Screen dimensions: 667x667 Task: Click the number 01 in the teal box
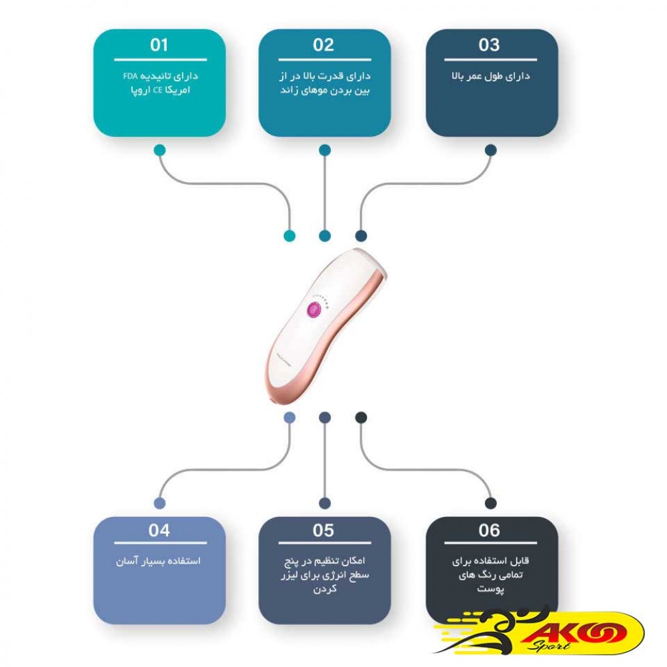159,45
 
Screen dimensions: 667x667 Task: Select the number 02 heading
323,45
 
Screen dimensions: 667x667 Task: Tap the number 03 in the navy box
490,45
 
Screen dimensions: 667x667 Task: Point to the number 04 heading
159,531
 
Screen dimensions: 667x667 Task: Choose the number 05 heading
323,531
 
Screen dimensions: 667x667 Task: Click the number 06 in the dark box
490,531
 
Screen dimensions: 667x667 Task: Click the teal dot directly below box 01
159,150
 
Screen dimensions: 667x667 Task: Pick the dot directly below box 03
490,150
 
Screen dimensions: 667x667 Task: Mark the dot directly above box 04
159,503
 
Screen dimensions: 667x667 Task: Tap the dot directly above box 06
490,503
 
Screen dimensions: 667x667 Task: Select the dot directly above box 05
324,503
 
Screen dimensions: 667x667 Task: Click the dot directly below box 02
324,150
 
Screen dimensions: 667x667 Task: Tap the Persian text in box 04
158,561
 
